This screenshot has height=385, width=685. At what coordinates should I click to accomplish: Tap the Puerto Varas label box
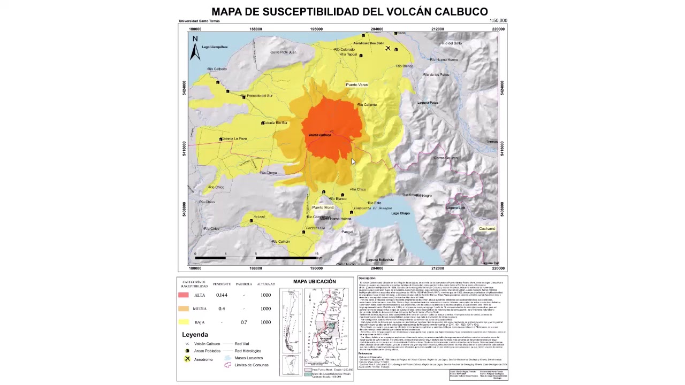point(356,85)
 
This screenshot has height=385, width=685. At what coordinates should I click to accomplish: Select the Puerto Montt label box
point(323,207)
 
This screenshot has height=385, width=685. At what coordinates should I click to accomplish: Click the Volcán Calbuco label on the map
point(319,135)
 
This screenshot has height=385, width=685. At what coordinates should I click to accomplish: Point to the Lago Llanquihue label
point(215,47)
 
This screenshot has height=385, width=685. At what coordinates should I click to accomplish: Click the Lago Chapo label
point(400,213)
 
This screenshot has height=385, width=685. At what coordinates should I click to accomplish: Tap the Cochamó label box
point(487,229)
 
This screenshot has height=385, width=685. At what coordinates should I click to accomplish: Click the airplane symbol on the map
point(388,49)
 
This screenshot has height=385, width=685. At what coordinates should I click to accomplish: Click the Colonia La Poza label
point(234,139)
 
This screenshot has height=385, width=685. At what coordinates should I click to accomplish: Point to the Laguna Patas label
point(428,103)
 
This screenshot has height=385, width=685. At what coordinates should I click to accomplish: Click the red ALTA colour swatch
point(184,295)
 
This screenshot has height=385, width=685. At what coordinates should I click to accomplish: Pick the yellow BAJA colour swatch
point(184,322)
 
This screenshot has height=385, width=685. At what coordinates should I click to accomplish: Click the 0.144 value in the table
point(222,295)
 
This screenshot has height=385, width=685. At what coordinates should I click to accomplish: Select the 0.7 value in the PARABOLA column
point(243,322)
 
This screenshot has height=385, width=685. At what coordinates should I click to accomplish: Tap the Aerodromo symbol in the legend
point(187,359)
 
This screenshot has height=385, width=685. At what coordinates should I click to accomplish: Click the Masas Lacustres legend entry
point(248,358)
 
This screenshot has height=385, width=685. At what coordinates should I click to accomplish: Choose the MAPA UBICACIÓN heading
point(315,282)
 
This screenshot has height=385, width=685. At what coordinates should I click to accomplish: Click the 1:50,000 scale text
point(498,21)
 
